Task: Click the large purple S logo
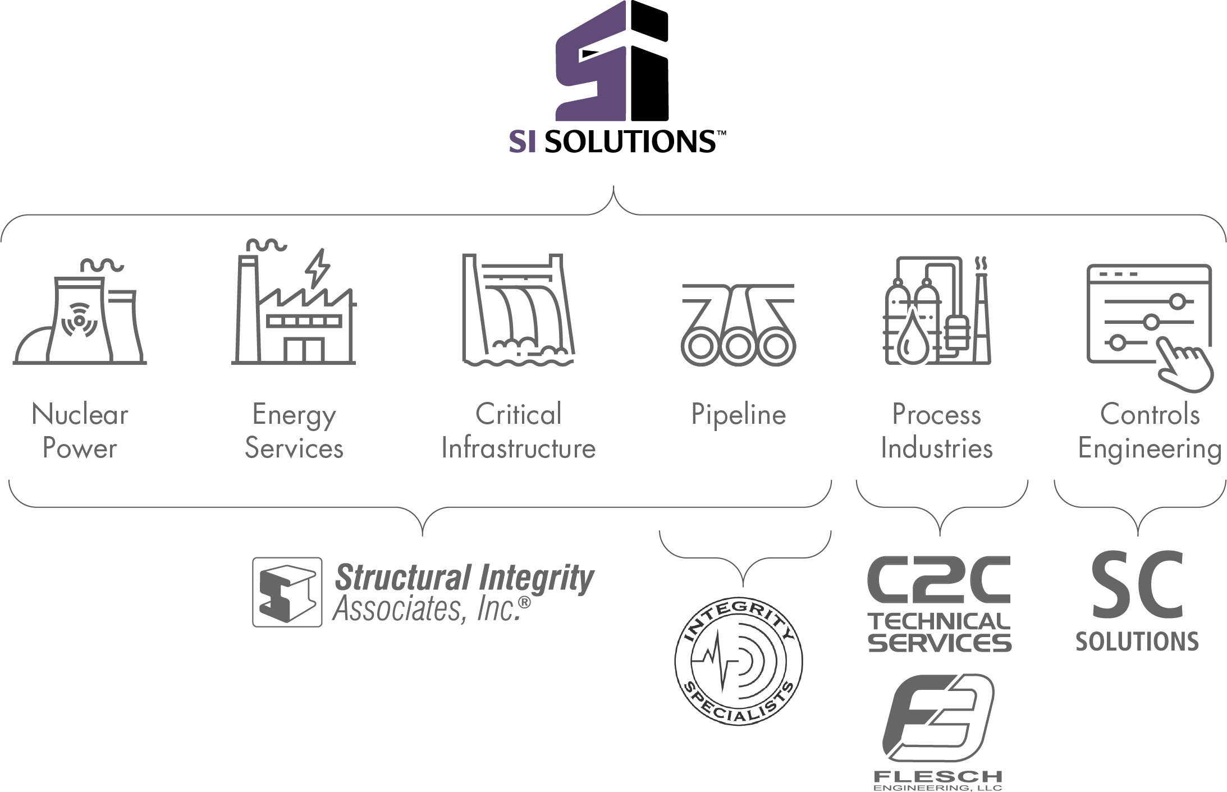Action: (x=590, y=62)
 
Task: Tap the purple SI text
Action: (x=522, y=143)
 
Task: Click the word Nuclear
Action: (x=80, y=415)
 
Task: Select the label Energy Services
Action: (x=294, y=432)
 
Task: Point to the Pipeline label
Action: (x=738, y=415)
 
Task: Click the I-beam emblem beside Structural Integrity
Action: (x=287, y=592)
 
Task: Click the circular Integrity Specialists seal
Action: (x=739, y=662)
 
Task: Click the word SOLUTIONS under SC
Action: (x=1137, y=641)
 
